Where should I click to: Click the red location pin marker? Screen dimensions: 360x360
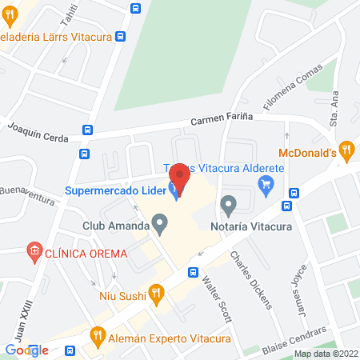[180, 178]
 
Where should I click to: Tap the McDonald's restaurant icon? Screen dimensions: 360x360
[346, 148]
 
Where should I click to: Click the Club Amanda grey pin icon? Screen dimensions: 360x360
[160, 226]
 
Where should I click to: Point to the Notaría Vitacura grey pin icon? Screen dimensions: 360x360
[229, 206]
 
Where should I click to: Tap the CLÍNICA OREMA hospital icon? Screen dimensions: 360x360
[34, 254]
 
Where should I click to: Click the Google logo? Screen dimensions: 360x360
[26, 350]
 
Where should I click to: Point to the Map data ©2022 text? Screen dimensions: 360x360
[325, 354]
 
